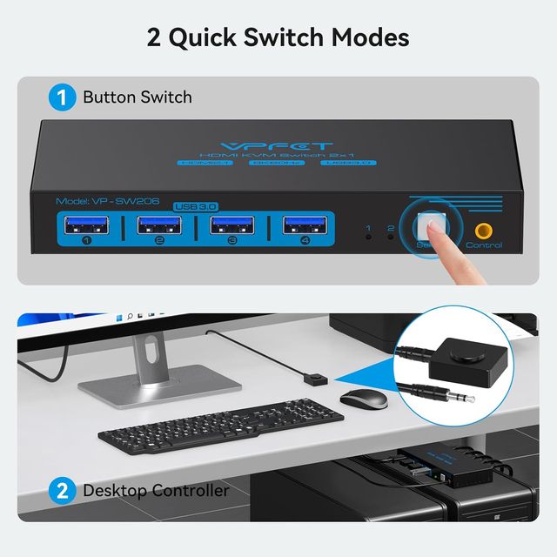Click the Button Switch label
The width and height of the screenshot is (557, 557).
(x=138, y=97)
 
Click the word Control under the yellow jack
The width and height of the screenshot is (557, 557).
(x=484, y=245)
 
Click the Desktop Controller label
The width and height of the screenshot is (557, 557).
(x=157, y=490)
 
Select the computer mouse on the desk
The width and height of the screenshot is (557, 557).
(x=364, y=399)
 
